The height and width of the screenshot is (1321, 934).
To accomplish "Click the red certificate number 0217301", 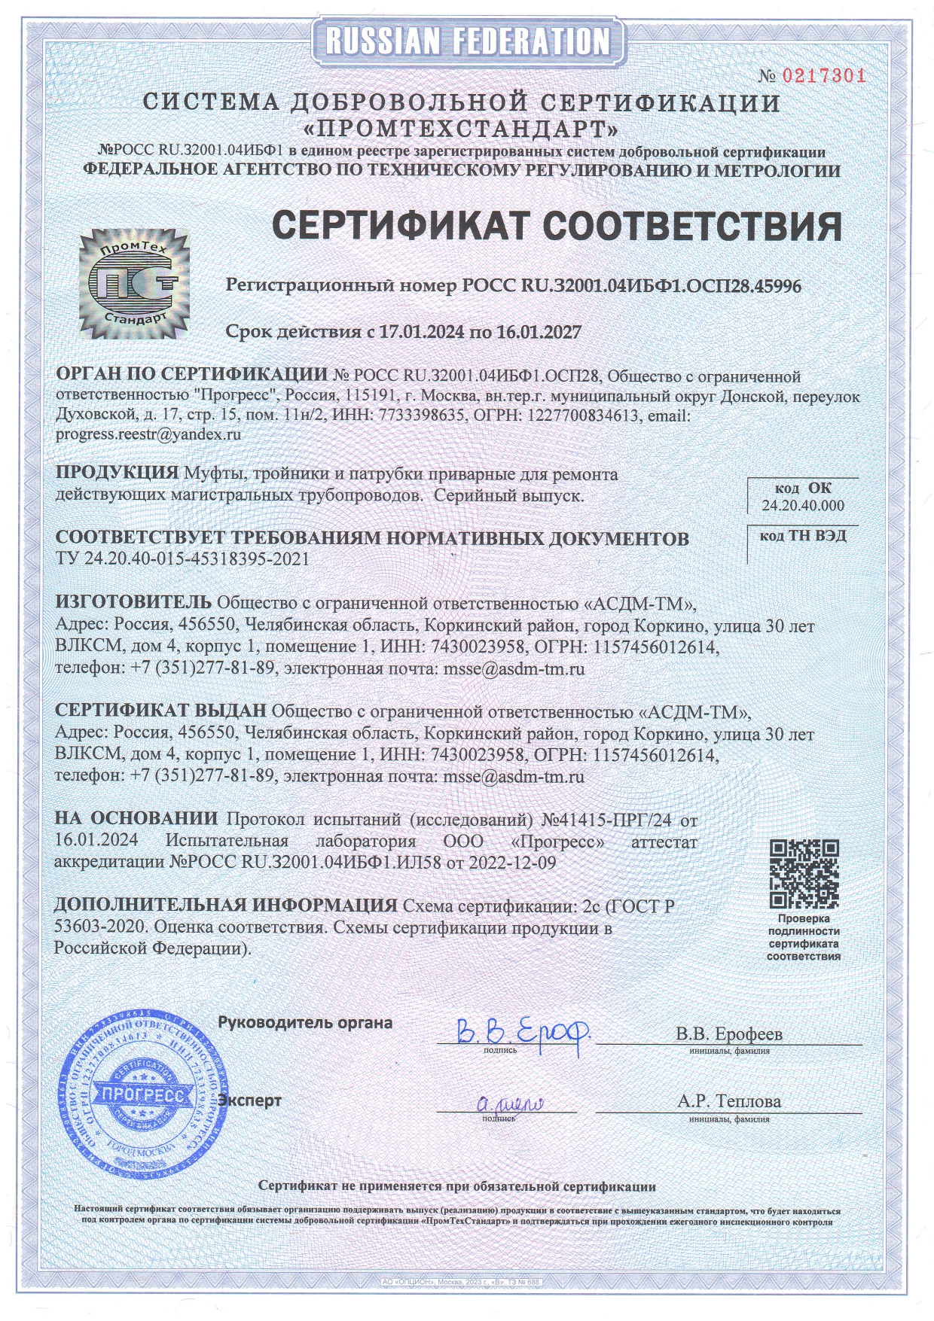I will tap(823, 75).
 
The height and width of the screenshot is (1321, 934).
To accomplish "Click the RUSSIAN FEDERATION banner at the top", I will tap(467, 41).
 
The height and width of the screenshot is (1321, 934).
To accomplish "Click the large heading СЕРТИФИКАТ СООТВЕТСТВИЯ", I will tap(556, 225).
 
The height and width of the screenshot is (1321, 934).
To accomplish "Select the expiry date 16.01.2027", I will tap(539, 332).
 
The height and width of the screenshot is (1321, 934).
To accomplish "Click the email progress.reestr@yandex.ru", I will tap(148, 434).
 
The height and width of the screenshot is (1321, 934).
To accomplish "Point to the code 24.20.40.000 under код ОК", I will tap(803, 506).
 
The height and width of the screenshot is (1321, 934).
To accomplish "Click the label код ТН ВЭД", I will tap(803, 536).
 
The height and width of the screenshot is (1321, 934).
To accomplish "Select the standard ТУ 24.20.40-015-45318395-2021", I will tap(182, 559).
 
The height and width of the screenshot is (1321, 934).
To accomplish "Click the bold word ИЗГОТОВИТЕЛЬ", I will tap(134, 602).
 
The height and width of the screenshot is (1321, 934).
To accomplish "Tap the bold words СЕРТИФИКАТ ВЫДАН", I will tap(161, 711).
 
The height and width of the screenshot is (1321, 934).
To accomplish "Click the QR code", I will tap(804, 874).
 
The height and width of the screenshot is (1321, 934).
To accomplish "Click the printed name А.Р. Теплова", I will tap(729, 1101).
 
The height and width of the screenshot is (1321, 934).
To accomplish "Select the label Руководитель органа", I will tap(305, 1023).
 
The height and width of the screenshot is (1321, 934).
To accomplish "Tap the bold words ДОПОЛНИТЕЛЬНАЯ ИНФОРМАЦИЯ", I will tap(225, 906).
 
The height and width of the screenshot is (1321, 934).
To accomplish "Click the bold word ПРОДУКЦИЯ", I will tap(117, 473).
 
